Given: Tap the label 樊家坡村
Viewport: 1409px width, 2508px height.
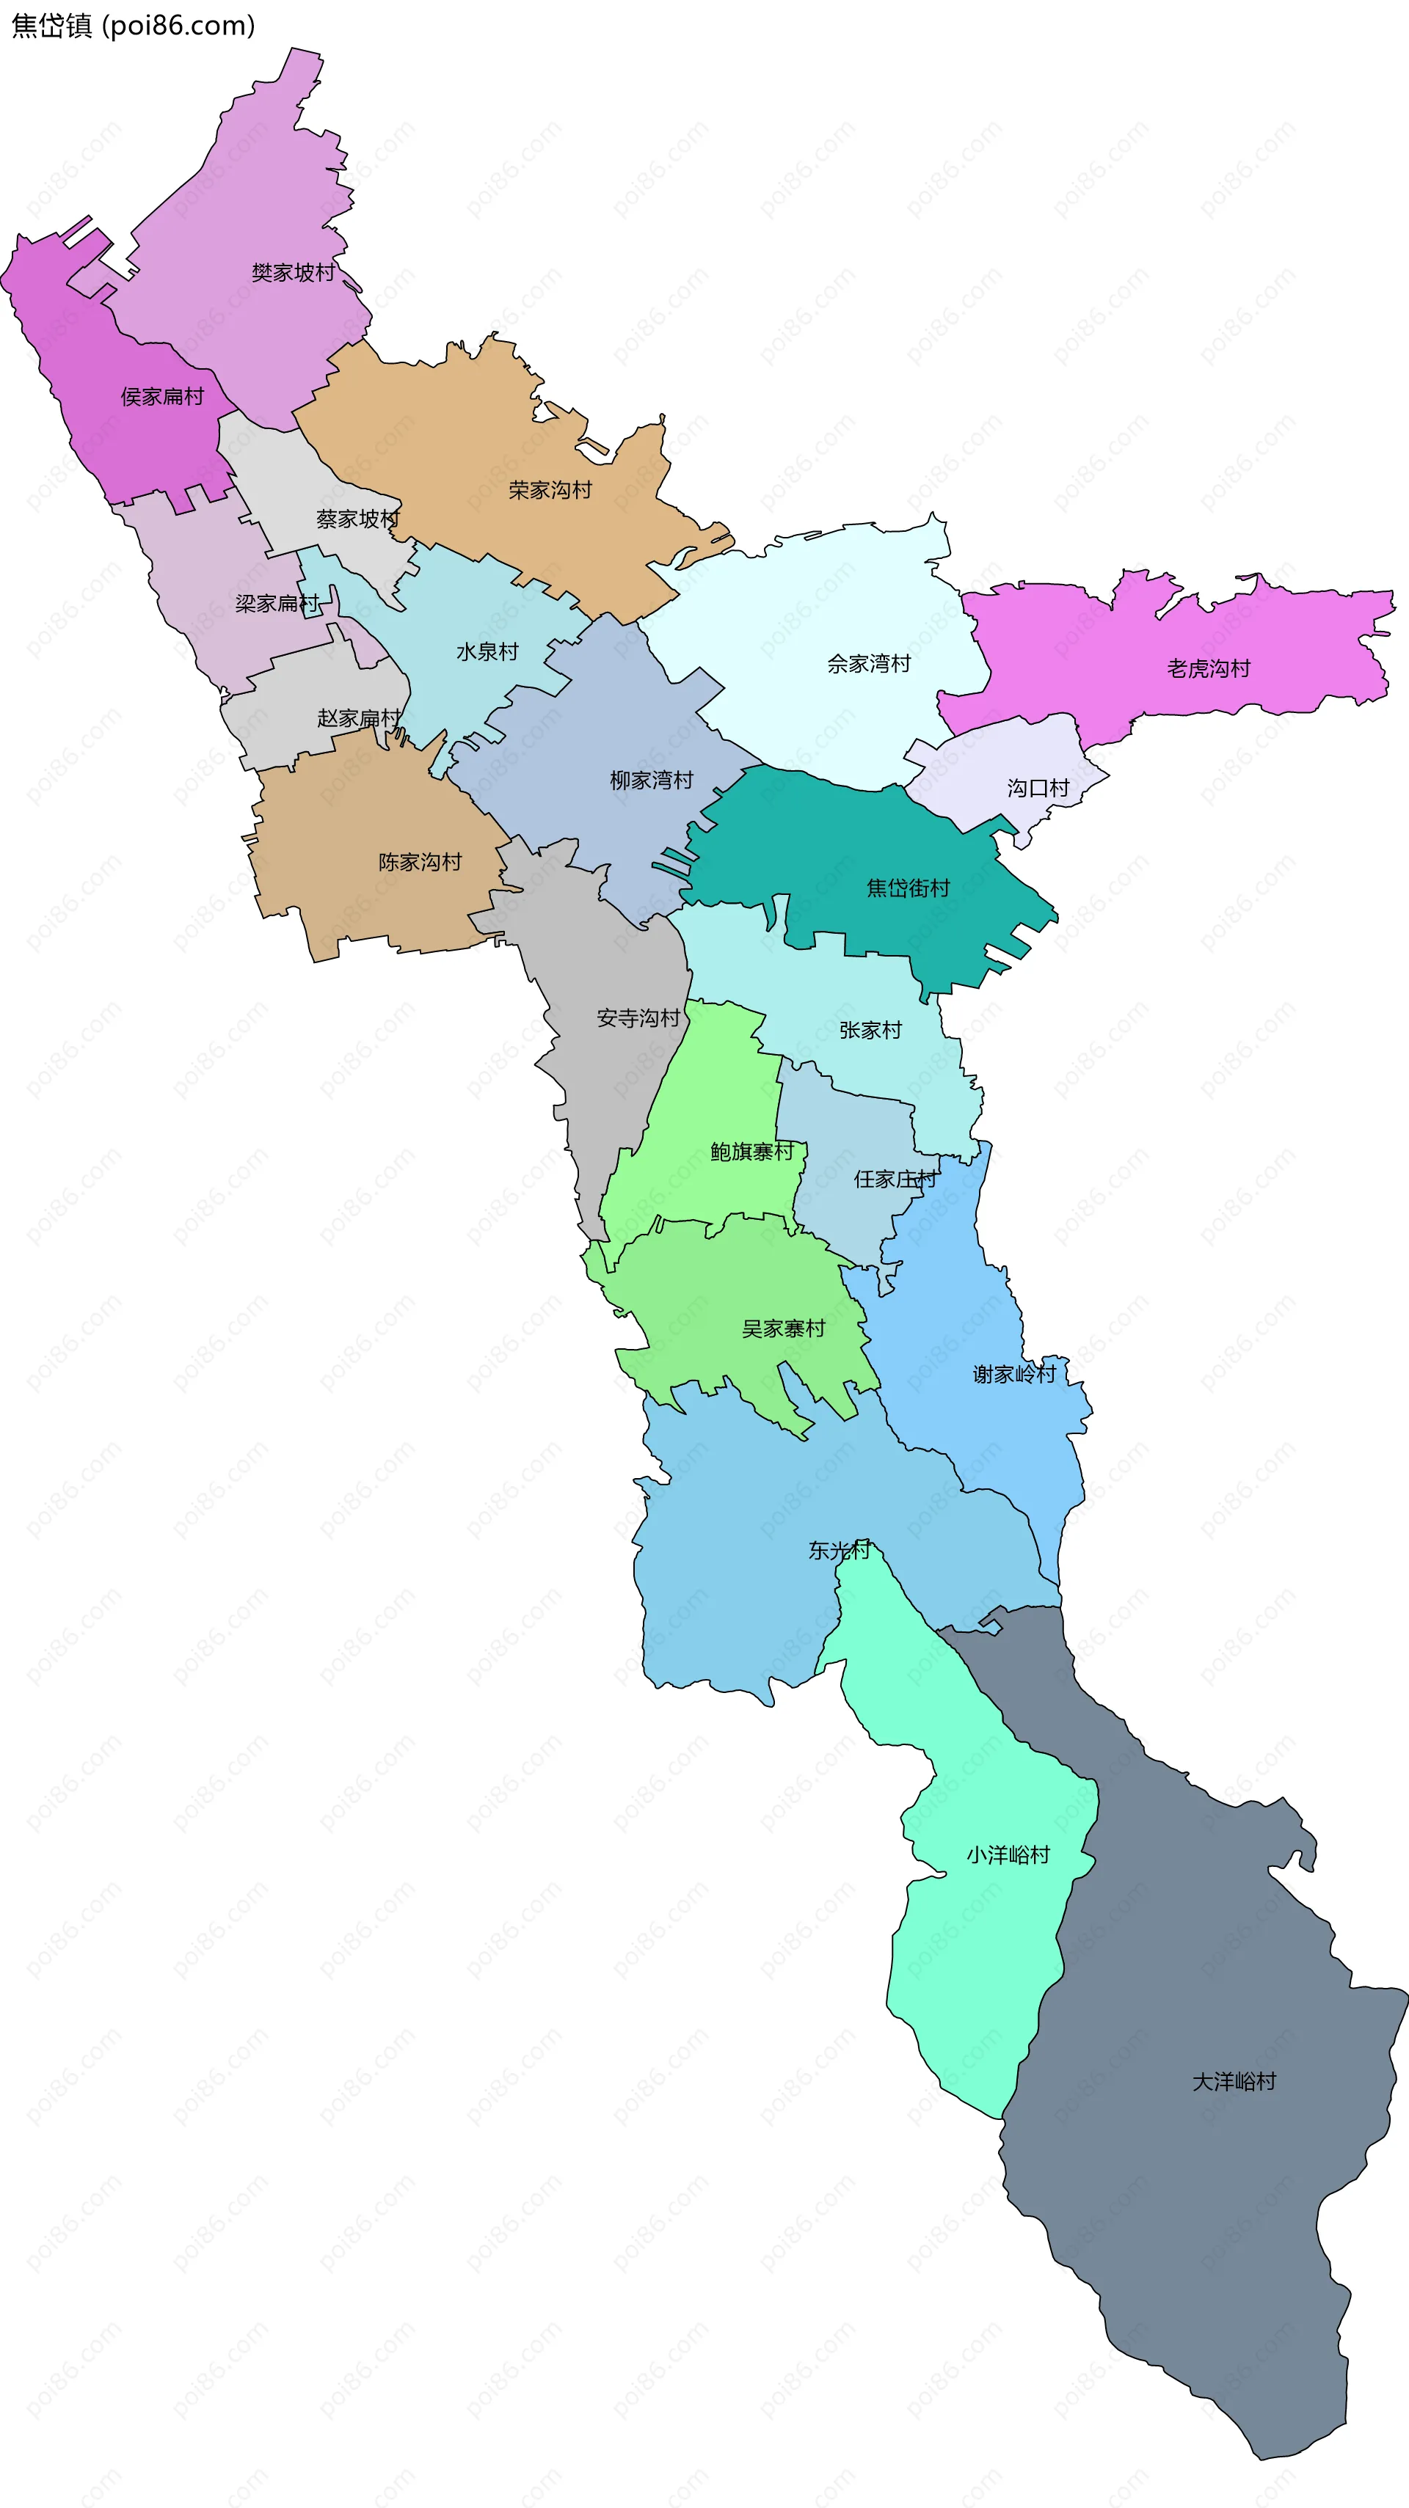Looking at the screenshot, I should click(x=293, y=273).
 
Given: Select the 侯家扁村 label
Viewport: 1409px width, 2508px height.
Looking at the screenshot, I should click(x=163, y=396).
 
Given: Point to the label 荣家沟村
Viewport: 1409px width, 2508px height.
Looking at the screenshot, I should click(x=550, y=490).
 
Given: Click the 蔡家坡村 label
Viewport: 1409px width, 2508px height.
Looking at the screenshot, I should click(x=357, y=519).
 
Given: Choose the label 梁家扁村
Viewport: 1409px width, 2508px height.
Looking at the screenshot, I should click(x=277, y=604).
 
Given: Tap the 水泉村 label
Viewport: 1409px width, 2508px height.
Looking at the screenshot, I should click(x=487, y=651).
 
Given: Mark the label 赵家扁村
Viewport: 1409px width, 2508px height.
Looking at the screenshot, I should click(x=358, y=719).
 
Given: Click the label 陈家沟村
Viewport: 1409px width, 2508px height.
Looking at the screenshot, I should click(x=420, y=862).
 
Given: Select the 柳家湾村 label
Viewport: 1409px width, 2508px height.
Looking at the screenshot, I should click(x=652, y=780).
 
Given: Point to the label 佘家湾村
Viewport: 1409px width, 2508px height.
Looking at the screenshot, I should click(x=869, y=664).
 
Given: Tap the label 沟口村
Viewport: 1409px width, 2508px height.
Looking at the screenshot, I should click(x=1038, y=788).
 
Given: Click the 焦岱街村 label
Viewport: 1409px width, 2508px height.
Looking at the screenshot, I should click(x=908, y=888).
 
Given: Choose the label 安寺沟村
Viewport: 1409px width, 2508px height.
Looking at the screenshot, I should click(x=638, y=1018).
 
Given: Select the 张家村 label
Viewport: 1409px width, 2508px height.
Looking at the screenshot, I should click(x=870, y=1030).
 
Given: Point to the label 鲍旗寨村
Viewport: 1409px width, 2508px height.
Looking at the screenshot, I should click(x=751, y=1152).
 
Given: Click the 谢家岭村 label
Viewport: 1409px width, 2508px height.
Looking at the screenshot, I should click(x=1013, y=1374).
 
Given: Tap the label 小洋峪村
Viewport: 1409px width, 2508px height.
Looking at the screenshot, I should click(x=1008, y=1854).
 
